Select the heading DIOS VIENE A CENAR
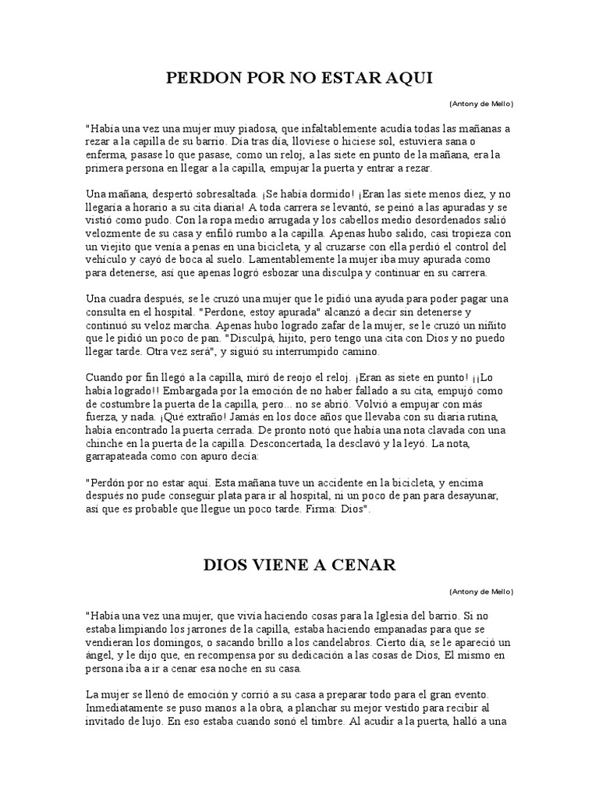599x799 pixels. point(299,564)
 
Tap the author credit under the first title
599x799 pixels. point(481,104)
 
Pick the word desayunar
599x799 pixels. point(472,495)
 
